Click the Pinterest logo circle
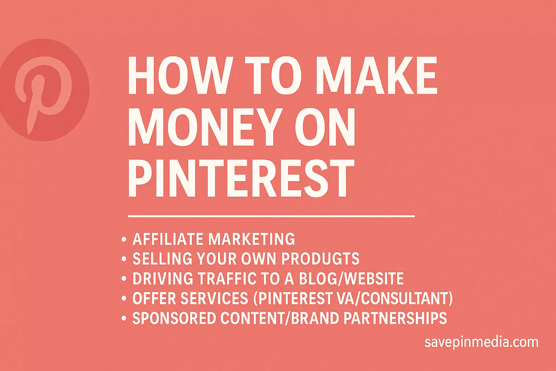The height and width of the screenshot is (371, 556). coord(44,90)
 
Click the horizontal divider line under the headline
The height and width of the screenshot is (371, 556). coord(271,216)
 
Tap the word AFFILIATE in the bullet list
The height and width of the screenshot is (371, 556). coord(168,239)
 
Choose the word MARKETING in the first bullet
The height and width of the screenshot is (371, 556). coord(252,239)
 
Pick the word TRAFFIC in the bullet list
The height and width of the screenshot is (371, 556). coord(227,278)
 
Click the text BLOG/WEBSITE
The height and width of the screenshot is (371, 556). coord(351,278)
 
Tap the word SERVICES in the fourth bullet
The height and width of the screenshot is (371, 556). coord(214,298)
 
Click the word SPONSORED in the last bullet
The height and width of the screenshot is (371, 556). coord(174,318)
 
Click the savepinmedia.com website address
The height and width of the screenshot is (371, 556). coord(481,342)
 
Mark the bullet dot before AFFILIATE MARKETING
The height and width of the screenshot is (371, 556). coord(124,239)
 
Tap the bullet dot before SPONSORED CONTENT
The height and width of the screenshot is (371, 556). coord(124,318)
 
